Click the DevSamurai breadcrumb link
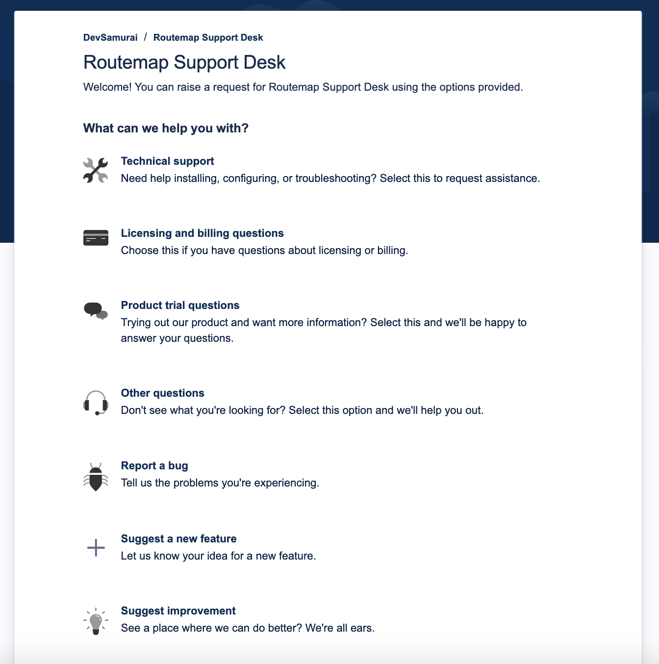[110, 38]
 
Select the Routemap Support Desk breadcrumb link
[208, 38]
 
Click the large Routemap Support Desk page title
[184, 62]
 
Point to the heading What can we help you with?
[166, 128]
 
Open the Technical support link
[167, 161]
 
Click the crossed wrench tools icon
[96, 170]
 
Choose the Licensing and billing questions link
[202, 233]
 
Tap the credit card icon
[96, 238]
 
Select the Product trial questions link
[180, 306]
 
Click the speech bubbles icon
[96, 311]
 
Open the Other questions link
[162, 393]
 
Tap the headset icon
[96, 403]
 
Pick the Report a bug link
[154, 466]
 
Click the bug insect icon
[96, 477]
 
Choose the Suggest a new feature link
[178, 539]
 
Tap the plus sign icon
[96, 548]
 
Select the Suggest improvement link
[178, 611]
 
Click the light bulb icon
[96, 621]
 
